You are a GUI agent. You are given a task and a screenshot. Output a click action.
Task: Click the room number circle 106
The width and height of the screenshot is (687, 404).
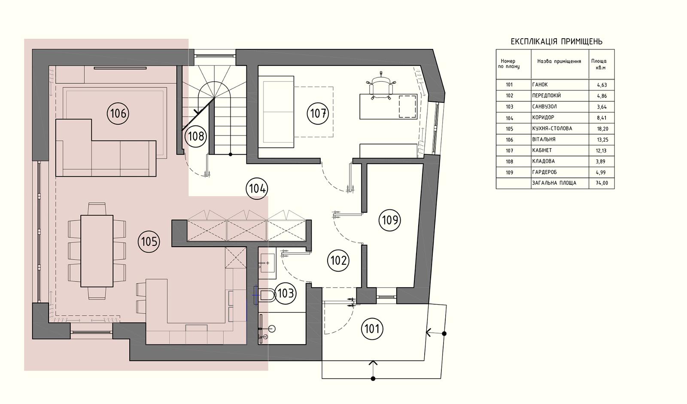click(118, 114)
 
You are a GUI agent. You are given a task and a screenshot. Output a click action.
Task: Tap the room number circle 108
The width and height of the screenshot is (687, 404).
click(196, 136)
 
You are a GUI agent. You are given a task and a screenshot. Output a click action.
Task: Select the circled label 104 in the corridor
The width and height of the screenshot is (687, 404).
click(257, 189)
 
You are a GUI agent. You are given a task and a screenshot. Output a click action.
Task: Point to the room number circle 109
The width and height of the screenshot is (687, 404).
click(390, 220)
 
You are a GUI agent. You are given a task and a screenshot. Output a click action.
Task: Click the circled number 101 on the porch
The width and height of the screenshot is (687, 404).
click(372, 329)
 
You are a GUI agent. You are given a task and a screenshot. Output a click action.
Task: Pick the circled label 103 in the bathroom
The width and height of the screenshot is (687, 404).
click(286, 293)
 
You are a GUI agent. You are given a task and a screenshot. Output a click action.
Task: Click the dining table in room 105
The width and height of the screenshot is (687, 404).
click(97, 251)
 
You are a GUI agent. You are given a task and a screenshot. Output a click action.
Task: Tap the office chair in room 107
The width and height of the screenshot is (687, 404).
click(381, 86)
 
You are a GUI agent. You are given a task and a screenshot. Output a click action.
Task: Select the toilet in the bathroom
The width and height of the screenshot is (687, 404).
click(266, 295)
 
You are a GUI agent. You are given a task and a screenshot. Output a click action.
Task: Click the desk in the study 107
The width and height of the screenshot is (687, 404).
click(389, 107)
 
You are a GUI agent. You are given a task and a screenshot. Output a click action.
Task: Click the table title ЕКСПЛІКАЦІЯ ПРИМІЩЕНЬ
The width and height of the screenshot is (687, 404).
click(556, 41)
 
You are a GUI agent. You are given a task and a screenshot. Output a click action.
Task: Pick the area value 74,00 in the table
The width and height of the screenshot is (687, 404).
click(602, 183)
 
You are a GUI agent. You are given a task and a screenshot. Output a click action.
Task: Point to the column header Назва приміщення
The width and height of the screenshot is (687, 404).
click(559, 61)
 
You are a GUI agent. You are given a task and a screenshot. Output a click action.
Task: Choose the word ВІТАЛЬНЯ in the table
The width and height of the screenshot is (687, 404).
click(544, 139)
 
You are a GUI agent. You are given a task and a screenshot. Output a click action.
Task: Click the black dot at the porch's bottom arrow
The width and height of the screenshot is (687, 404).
click(373, 379)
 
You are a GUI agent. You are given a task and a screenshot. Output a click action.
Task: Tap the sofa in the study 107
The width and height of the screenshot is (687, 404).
click(277, 112)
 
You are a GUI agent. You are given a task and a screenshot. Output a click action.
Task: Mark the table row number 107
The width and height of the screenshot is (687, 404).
click(509, 151)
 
